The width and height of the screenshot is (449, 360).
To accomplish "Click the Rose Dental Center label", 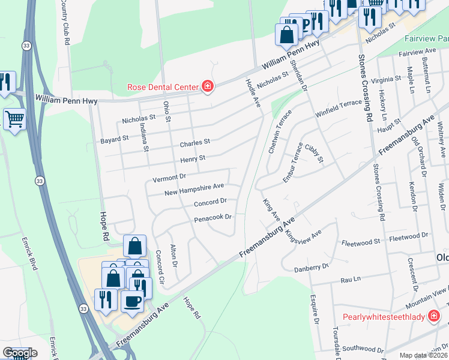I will point(162,87).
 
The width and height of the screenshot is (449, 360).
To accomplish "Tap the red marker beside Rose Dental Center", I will point(208,87).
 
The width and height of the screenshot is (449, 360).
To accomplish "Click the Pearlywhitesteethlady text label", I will point(384,317).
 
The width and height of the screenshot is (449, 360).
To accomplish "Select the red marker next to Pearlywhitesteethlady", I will point(434,316).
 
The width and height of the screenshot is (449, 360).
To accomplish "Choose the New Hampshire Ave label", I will point(194,189).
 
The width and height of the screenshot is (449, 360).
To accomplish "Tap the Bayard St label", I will point(113,139).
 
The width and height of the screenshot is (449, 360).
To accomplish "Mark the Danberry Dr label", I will point(312,267).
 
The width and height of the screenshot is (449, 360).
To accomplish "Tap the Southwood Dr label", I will point(363,349).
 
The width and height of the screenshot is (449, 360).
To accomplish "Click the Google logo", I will point(19,353).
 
